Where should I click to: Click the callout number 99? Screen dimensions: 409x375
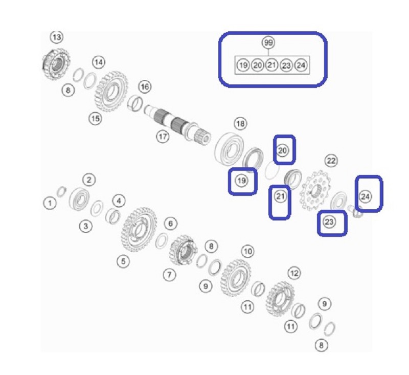tap(268, 42)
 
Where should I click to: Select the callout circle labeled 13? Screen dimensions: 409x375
tap(57, 37)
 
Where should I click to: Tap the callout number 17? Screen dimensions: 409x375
tap(163, 136)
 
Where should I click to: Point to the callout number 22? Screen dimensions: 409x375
tap(331, 161)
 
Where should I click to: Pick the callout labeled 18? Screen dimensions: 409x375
tap(240, 123)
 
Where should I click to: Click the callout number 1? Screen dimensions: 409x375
tap(50, 203)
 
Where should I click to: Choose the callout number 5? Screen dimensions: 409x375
tap(123, 261)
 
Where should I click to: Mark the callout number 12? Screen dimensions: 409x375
tap(294, 273)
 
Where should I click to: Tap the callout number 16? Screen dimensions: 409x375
tap(145, 86)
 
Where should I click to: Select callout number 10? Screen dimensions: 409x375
tap(247, 251)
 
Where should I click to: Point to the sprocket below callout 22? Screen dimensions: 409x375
tap(315, 190)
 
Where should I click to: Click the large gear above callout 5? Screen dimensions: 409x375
tap(139, 229)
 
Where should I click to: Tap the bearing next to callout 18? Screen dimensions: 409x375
tap(230, 149)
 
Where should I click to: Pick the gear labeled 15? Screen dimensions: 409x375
tap(111, 92)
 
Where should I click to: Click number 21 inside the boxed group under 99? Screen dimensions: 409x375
tap(271, 65)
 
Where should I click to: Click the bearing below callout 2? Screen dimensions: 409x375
tap(79, 198)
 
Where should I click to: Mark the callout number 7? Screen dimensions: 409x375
tap(170, 275)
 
